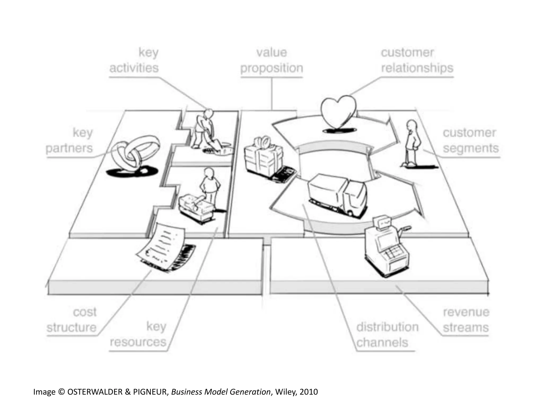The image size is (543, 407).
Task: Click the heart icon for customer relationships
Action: [338, 111]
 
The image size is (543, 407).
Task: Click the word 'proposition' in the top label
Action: [272, 68]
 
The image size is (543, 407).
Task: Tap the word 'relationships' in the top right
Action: [417, 68]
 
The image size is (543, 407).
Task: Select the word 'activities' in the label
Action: [134, 68]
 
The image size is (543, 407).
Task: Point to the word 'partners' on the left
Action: [69, 148]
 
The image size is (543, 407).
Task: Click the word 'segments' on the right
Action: [471, 148]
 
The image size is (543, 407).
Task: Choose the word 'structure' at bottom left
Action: [72, 328]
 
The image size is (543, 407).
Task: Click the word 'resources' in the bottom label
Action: [138, 342]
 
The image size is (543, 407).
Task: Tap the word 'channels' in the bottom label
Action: [382, 343]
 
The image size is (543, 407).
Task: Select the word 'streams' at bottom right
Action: [466, 328]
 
